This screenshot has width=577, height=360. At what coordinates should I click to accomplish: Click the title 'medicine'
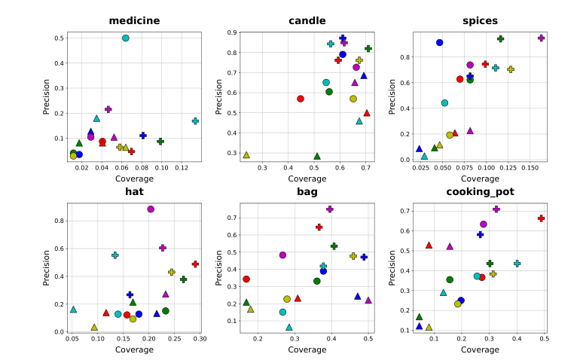(x=134, y=20)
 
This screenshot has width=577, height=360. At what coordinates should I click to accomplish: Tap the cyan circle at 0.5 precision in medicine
(x=126, y=38)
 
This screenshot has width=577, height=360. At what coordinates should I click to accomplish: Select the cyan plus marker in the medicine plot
(x=195, y=121)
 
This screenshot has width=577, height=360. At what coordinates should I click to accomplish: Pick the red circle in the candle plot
(x=301, y=99)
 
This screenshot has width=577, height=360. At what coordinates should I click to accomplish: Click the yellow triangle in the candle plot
(x=246, y=155)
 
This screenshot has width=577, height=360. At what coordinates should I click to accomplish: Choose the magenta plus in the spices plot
(x=541, y=38)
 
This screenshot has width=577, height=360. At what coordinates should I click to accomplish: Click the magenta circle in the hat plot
(x=151, y=209)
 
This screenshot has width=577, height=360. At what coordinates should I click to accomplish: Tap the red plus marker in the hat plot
(x=195, y=264)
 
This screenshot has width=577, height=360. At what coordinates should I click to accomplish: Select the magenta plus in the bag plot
(x=330, y=209)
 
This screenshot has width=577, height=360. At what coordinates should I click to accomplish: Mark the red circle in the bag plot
(x=246, y=279)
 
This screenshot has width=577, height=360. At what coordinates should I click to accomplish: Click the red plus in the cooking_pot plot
(x=541, y=218)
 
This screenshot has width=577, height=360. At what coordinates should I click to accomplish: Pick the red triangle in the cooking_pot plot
(x=429, y=246)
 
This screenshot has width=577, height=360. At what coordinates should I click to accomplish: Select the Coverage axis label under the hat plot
(x=134, y=349)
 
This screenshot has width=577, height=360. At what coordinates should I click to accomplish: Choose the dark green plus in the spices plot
(x=500, y=38)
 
